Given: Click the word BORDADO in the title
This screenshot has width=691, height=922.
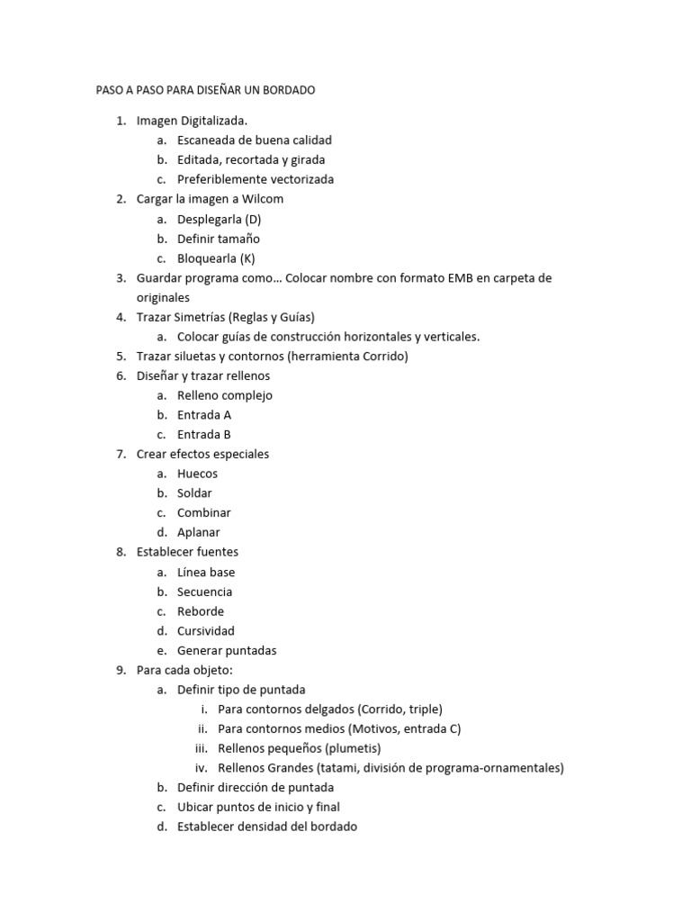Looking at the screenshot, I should pos(287,91).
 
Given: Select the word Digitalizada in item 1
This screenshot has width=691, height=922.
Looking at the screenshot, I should pos(214,121).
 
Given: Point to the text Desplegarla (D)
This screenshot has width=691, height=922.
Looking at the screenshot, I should pos(219,219).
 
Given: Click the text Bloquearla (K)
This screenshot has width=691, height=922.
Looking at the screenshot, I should pos(216,258).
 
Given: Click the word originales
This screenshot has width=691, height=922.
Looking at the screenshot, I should pos(164,297).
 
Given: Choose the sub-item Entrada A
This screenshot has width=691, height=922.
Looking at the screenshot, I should pos(204,415).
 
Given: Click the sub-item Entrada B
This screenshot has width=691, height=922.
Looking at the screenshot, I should pos(204,435).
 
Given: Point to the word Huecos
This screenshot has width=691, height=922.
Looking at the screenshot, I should pos(197,474).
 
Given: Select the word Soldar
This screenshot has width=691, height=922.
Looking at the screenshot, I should pos(194,493).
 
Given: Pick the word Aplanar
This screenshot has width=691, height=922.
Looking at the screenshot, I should pos(198,532).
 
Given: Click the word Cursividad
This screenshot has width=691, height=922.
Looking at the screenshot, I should pos(205,630).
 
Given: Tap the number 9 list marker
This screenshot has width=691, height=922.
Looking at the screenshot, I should pos(121,670).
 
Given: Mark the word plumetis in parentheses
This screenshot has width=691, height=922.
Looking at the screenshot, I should pos(353,748).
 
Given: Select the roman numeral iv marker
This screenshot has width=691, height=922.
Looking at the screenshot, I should pos(202,768).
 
